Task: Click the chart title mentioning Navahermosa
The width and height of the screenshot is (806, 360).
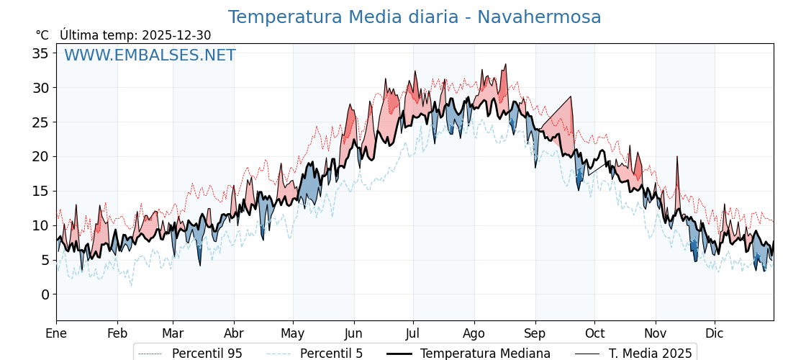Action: pyautogui.click(x=414, y=17)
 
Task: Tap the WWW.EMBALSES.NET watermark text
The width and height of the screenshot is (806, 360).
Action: pyautogui.click(x=150, y=55)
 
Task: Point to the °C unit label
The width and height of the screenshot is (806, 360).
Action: pyautogui.click(x=42, y=35)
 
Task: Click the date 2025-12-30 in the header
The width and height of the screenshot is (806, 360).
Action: pyautogui.click(x=176, y=35)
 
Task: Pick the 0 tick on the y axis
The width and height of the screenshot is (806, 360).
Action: pyautogui.click(x=45, y=294)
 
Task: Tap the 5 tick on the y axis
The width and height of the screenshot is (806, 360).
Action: pyautogui.click(x=45, y=260)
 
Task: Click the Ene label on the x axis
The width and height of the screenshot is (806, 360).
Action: pyautogui.click(x=56, y=333)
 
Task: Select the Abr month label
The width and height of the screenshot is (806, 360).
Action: pyautogui.click(x=234, y=333)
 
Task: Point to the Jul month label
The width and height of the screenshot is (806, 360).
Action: pyautogui.click(x=413, y=333)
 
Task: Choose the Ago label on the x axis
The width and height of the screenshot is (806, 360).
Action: pyautogui.click(x=474, y=333)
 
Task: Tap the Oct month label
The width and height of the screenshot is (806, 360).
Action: pyautogui.click(x=594, y=333)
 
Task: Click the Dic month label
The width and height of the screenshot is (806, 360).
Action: pyautogui.click(x=715, y=333)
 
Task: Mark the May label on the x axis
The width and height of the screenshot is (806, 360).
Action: pyautogui.click(x=293, y=333)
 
